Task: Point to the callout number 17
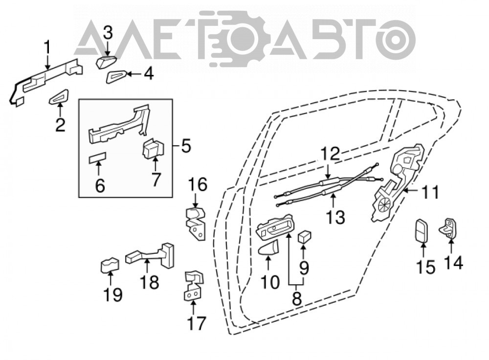(196, 323)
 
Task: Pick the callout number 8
(297, 298)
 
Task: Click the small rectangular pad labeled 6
(98, 158)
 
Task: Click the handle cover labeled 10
(268, 247)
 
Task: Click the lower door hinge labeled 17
(194, 286)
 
